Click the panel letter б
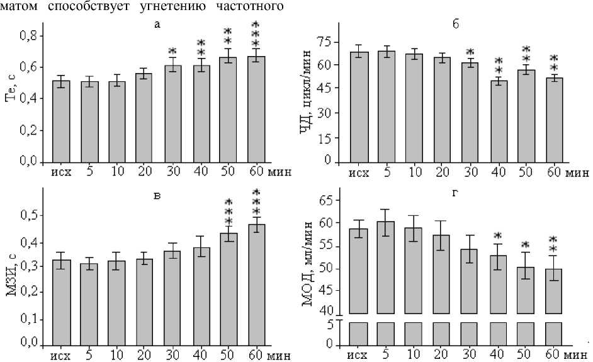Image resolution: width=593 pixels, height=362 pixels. click(x=455, y=24)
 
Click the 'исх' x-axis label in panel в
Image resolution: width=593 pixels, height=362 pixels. click(x=61, y=353)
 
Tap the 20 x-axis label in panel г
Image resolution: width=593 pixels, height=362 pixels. click(x=443, y=353)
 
